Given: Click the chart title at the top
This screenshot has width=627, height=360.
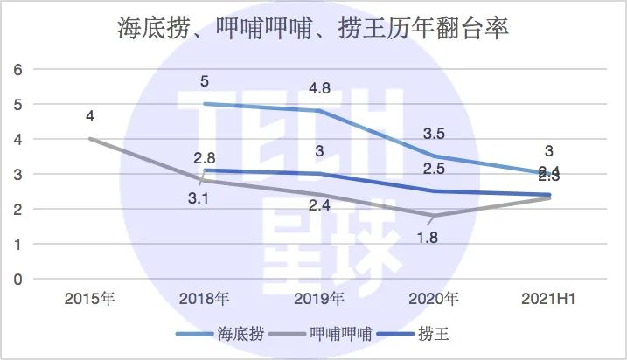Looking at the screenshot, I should pos(313,27).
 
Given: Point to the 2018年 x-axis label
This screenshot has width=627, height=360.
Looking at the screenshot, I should pos(204,300).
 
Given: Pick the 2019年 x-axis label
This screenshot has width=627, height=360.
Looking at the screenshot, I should pos(318,300).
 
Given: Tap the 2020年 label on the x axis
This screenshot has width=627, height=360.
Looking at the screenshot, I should pos(433,300).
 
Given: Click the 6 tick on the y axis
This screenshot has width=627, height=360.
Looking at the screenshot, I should pos(16,69).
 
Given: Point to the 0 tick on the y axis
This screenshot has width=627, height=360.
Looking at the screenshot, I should pos(16,280).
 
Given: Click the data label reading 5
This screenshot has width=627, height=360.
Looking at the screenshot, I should pos(204,83).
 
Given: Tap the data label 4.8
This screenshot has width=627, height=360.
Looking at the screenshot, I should pos(318,90).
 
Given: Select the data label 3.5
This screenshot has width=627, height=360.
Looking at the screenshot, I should pos(433,135).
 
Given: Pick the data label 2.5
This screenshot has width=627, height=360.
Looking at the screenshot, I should pos(433,169).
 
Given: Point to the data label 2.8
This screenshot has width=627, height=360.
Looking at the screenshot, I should pos(204,157).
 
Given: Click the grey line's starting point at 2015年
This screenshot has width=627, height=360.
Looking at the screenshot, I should pos(89,139).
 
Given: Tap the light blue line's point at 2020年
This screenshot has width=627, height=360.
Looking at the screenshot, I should pos(433,156).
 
